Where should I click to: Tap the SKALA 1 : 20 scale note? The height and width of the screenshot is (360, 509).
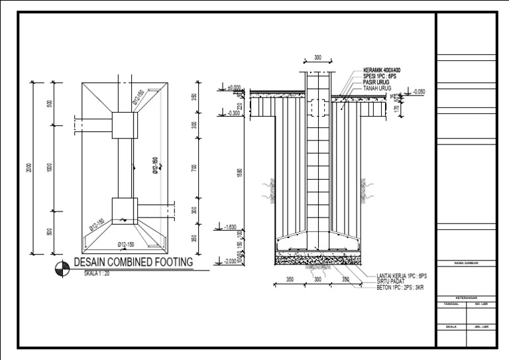click(92, 272)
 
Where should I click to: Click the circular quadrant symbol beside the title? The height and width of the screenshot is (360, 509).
click(61, 267)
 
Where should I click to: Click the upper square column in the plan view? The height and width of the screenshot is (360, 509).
click(124, 123)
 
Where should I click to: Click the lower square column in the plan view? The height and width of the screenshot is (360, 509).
click(124, 210)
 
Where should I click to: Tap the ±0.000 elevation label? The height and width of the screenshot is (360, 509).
click(234, 88)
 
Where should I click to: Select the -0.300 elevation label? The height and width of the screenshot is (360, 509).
click(234, 113)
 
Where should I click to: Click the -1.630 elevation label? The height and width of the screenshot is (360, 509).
click(231, 227)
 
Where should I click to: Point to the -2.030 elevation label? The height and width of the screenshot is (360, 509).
click(231, 261)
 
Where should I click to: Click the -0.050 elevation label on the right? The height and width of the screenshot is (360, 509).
click(419, 91)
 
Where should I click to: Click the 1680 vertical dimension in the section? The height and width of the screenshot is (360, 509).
click(240, 172)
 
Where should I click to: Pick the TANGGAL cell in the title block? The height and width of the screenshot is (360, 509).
click(451, 304)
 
